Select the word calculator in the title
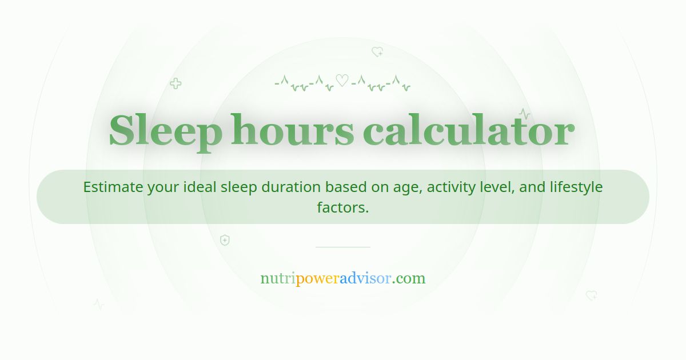[468, 131]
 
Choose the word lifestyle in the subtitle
[576, 187]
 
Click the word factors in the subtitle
[342, 207]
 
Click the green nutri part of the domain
[278, 279]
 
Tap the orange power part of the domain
[317, 279]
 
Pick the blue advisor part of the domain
[365, 279]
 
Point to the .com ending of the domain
[409, 279]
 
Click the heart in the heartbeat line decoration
[342, 81]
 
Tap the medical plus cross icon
[176, 84]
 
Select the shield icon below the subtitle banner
[225, 240]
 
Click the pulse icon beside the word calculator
[524, 113]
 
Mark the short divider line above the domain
[343, 247]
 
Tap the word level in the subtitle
[498, 187]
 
